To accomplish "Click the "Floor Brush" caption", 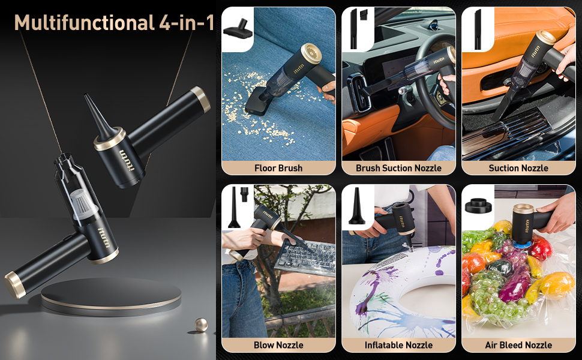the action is coord(278,168).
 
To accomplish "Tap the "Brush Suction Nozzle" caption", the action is coord(398,168).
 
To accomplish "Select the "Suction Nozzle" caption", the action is coord(518,168).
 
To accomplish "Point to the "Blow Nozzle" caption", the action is coord(278,345).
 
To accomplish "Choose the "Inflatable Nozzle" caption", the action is coord(398,345).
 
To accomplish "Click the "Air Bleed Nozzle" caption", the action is coord(518,345).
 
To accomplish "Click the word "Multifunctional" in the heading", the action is coord(84,23).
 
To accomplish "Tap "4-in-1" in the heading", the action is coord(187,23).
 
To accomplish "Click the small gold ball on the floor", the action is coord(201,325).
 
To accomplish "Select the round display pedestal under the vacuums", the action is coord(111,296).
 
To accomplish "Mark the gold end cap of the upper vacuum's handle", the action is coord(201,99).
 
